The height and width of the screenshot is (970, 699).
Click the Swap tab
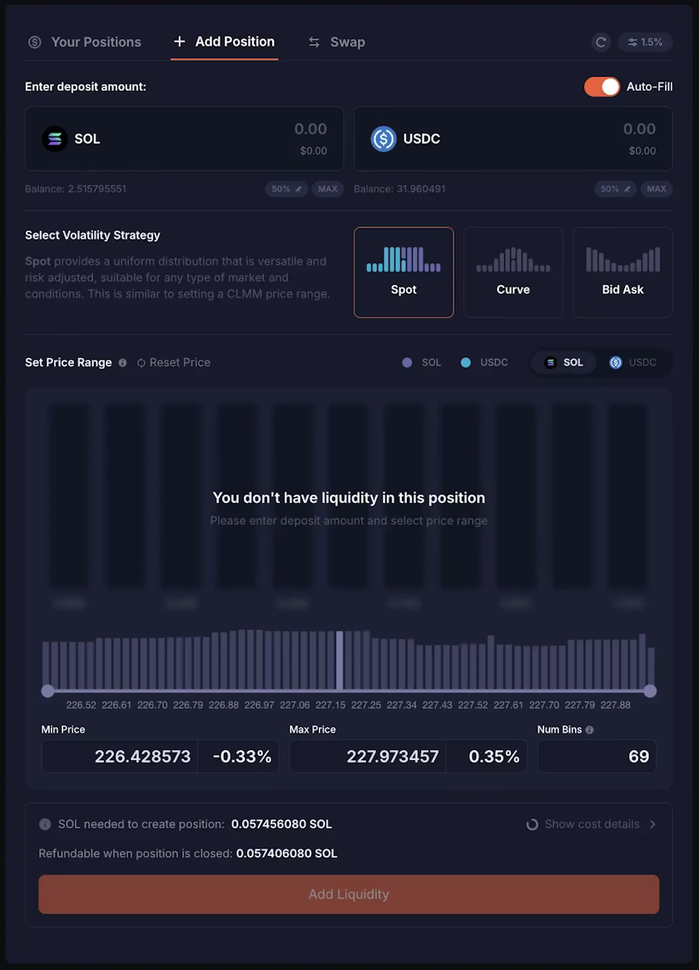tap(336, 42)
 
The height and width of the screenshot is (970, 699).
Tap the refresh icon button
tap(601, 42)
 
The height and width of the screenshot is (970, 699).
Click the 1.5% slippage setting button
tap(645, 42)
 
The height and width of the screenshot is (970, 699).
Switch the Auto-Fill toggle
tap(602, 87)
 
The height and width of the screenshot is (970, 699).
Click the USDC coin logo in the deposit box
tap(384, 139)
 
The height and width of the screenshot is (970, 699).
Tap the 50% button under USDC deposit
tap(615, 189)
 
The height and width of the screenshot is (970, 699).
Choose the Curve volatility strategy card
tap(513, 272)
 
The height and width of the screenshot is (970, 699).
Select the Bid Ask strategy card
tap(622, 272)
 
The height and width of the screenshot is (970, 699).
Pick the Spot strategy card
tap(404, 272)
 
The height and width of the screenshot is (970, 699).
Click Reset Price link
tap(174, 362)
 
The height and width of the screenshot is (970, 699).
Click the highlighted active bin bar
tap(340, 660)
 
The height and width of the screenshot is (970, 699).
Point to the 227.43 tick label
tap(437, 705)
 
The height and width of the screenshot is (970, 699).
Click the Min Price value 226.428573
tap(142, 757)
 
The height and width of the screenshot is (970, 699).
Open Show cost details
tap(592, 824)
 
